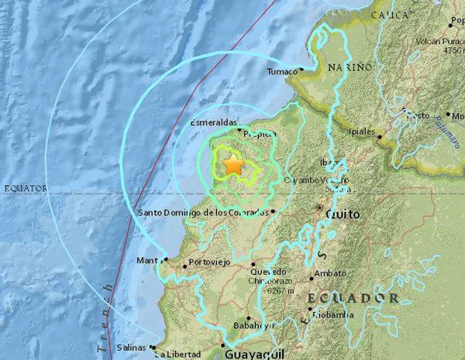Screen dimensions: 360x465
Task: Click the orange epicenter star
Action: pyautogui.click(x=232, y=164)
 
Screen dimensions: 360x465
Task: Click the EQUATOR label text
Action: pyautogui.click(x=26, y=188)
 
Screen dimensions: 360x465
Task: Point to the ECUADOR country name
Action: pyautogui.click(x=352, y=298)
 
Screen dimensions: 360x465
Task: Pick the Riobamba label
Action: pyautogui.click(x=333, y=315)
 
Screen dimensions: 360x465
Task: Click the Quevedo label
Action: pyautogui.click(x=268, y=271)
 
